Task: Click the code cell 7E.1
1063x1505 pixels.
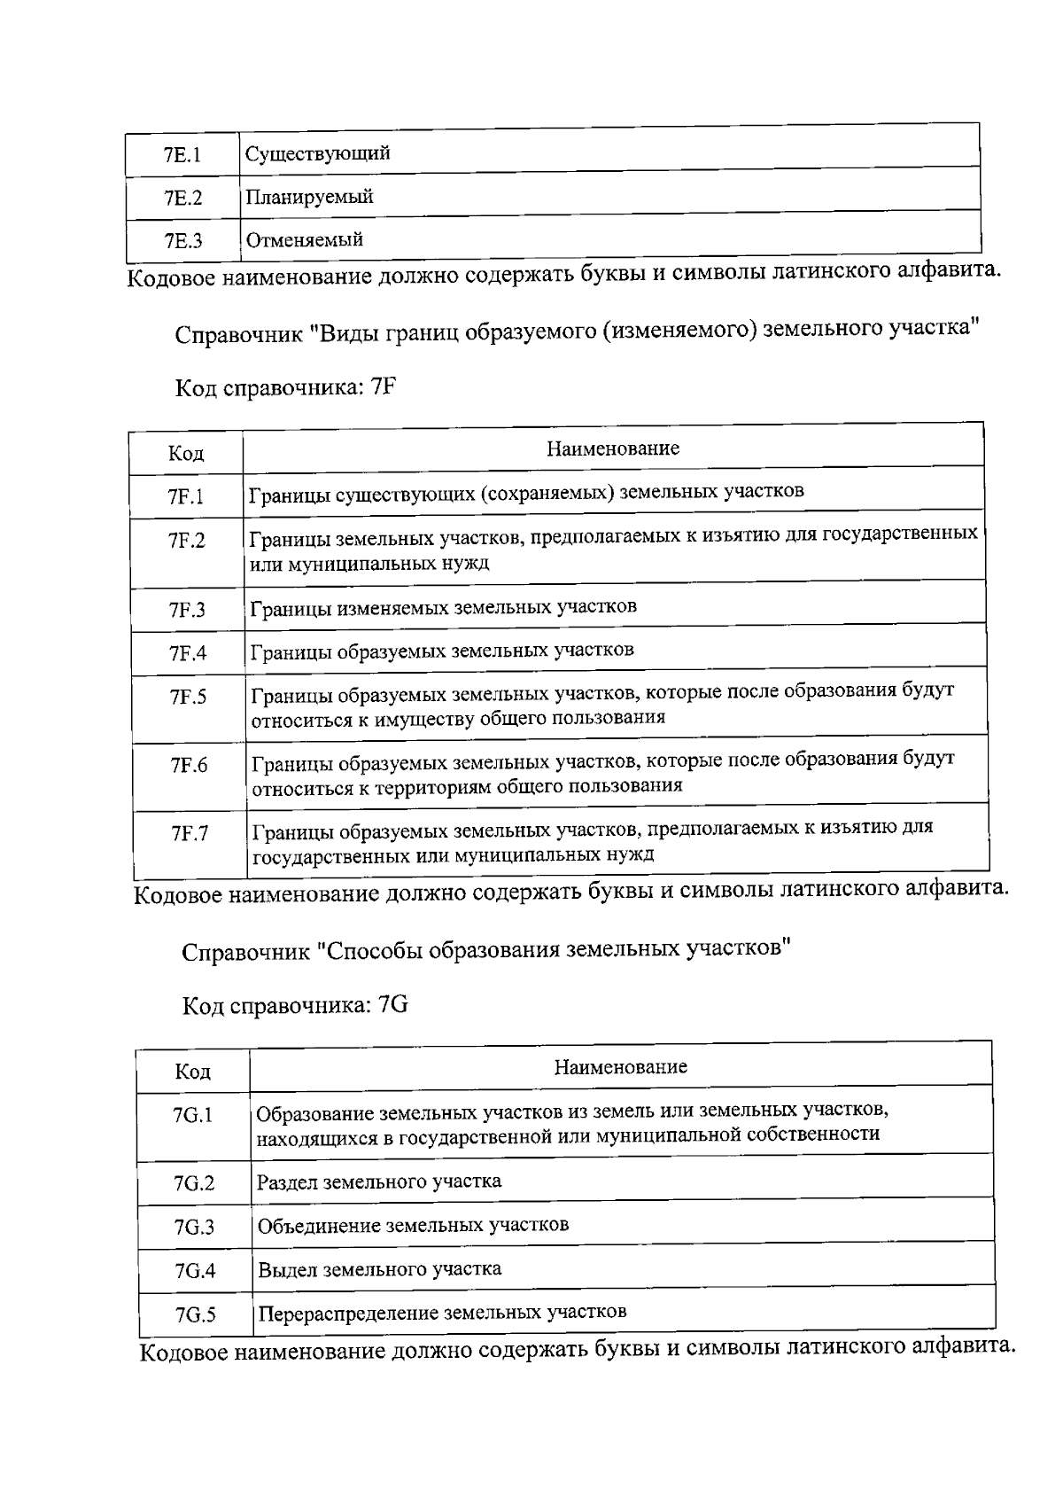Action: [182, 155]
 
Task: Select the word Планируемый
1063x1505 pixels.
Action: [309, 197]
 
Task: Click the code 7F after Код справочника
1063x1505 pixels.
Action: [382, 387]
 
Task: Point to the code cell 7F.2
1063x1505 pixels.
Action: [186, 540]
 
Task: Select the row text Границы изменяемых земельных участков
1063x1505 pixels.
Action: [443, 607]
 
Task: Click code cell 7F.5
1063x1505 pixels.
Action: [188, 697]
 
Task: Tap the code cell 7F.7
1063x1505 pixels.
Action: [190, 833]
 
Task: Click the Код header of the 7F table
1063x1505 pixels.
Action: [186, 454]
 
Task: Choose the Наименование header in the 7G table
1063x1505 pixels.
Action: [620, 1067]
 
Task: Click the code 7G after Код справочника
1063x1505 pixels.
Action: [392, 1005]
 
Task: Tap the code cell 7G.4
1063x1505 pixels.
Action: [195, 1271]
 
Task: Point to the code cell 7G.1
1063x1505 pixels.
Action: [193, 1115]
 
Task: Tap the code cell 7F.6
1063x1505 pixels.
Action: [189, 765]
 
